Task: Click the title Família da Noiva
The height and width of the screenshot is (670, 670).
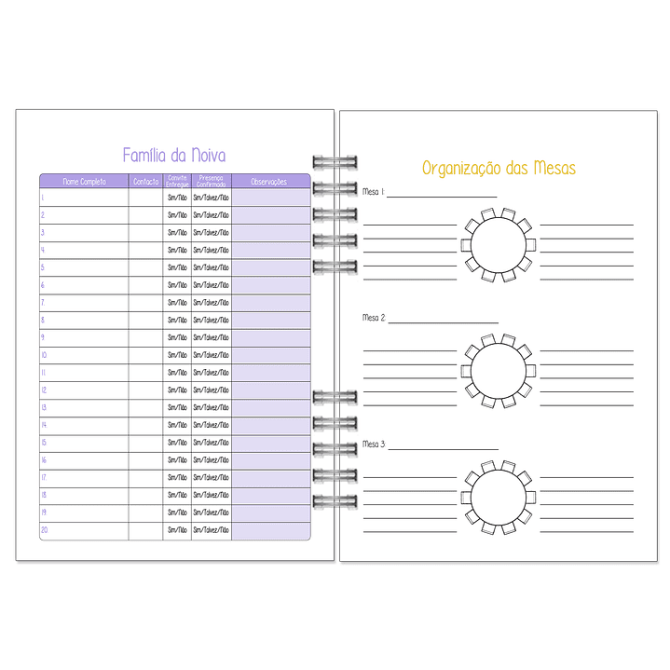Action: (174, 156)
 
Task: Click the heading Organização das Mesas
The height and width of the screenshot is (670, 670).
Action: (499, 168)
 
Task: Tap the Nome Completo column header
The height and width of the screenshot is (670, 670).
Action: (84, 182)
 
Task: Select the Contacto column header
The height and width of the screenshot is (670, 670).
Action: (145, 182)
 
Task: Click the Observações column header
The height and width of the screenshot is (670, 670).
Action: (270, 182)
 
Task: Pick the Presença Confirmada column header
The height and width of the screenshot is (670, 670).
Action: (211, 182)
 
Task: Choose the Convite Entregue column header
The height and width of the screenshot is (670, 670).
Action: (177, 182)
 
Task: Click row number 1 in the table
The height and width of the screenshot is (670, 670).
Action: (43, 198)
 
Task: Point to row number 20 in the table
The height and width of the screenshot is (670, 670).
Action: (44, 530)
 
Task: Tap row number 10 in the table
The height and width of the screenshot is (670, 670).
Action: (44, 355)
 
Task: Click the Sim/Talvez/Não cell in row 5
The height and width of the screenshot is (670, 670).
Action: (211, 267)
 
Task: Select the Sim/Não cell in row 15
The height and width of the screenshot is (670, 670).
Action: (177, 443)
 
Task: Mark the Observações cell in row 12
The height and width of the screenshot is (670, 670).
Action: (270, 390)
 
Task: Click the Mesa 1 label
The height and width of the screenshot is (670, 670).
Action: (373, 192)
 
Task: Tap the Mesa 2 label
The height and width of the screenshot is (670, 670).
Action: (374, 318)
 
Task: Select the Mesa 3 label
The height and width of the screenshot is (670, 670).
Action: (374, 444)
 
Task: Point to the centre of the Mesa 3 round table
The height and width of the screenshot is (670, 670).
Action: (498, 497)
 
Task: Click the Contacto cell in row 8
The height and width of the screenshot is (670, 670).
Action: (145, 320)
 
